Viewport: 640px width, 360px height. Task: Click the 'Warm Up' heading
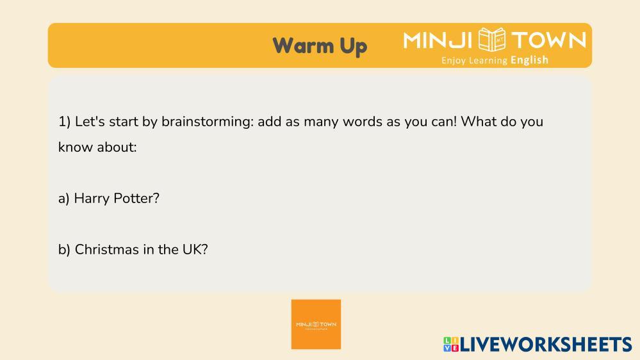[320, 45]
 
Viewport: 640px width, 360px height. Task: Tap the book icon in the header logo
[492, 40]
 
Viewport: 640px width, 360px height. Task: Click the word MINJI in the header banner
[438, 40]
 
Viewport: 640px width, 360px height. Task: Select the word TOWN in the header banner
[549, 40]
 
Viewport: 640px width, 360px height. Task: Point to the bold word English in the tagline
[529, 60]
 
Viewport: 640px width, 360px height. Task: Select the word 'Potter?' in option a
[136, 198]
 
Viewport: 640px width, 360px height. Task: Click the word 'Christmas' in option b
[107, 249]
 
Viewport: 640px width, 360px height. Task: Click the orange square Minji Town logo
[316, 325]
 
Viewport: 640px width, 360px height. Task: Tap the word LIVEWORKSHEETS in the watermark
[546, 345]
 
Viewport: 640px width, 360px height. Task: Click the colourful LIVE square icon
[451, 344]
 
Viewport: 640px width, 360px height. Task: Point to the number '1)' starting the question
[65, 122]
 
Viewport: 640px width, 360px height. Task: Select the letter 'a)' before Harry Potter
[64, 199]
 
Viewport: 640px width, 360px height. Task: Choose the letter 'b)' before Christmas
[65, 249]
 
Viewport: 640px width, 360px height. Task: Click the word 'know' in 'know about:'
[72, 147]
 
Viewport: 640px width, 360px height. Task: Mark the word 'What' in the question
[479, 122]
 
